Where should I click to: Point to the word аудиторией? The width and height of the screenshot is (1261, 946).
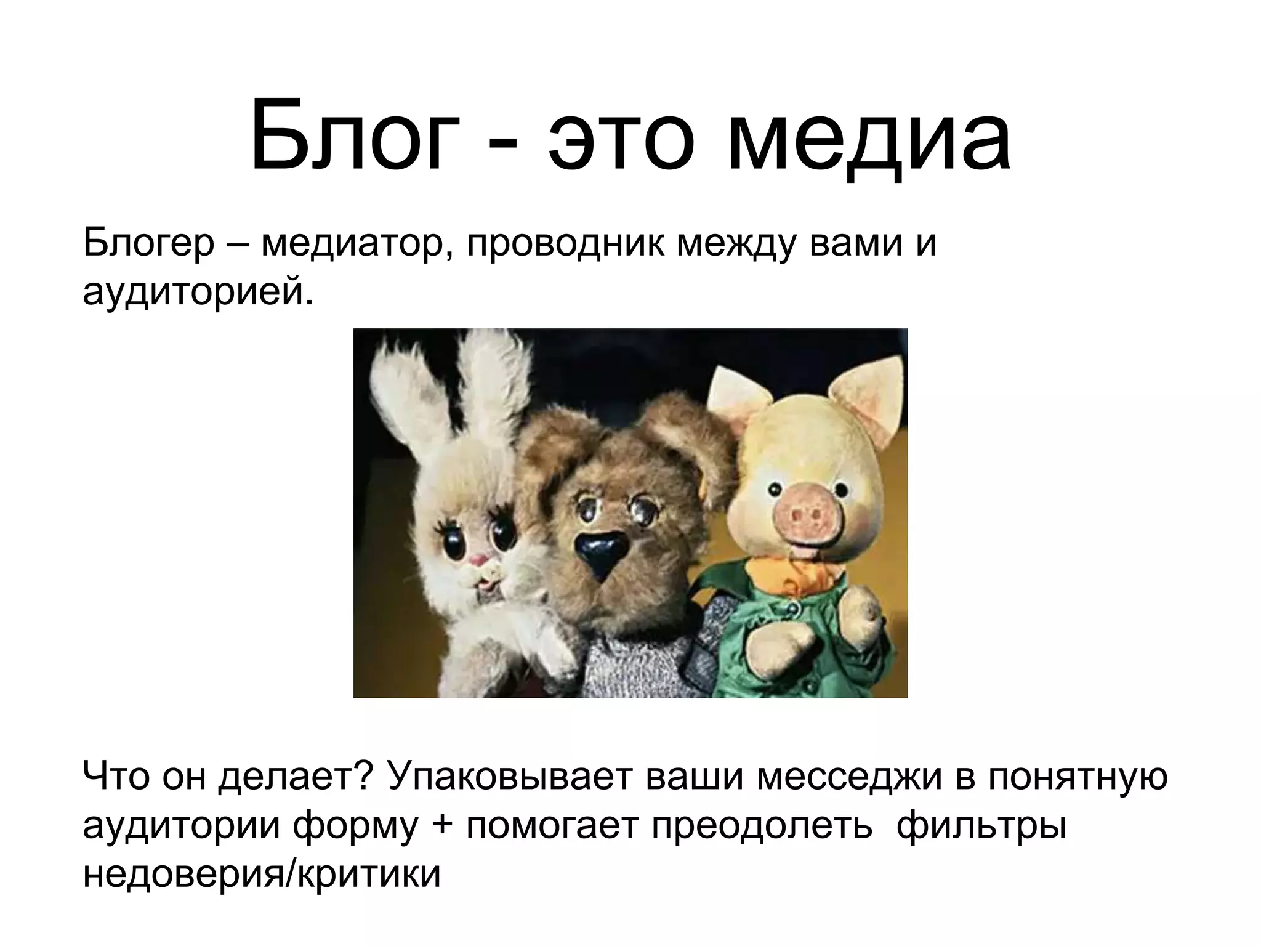pos(198,293)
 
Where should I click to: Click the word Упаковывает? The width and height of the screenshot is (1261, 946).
pos(510,777)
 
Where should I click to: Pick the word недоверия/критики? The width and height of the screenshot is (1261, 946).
pos(262,873)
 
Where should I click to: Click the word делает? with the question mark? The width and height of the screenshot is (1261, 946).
pos(297,777)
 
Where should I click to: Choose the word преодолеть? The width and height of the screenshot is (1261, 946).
pos(762,825)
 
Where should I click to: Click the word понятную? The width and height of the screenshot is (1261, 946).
pos(1078,777)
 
